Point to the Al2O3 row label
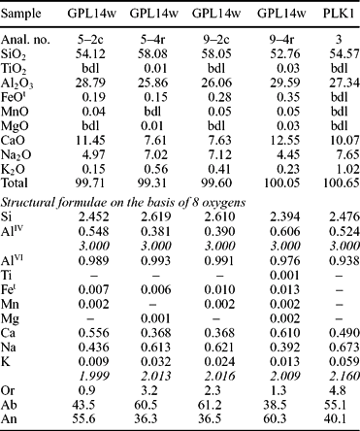coord(23,76)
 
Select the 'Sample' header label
coord(25,12)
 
